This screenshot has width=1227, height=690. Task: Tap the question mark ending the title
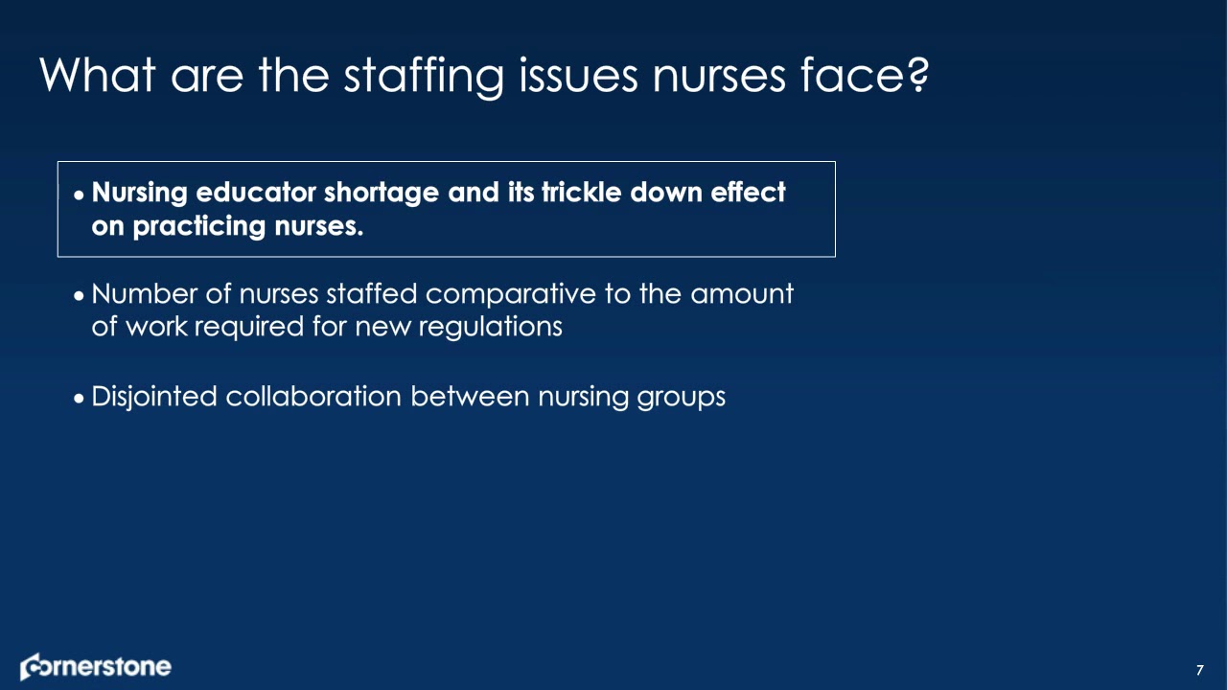point(916,74)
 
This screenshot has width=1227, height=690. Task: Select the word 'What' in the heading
point(97,74)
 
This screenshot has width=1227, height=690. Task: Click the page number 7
point(1199,669)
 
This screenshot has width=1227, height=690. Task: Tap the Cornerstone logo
point(96,667)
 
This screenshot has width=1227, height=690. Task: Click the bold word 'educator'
point(256,193)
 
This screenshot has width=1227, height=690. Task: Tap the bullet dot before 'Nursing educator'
point(80,195)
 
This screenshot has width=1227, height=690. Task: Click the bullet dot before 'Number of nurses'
point(80,295)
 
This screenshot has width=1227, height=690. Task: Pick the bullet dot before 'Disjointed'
point(80,398)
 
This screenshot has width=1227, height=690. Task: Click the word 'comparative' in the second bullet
point(511,294)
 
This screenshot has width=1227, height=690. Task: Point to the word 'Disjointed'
point(153,397)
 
